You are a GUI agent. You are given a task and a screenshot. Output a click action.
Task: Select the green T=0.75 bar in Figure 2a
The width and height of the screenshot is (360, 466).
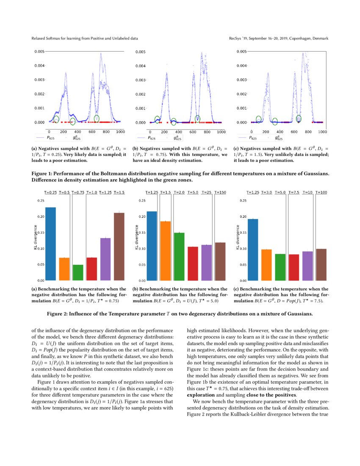tap(78, 272)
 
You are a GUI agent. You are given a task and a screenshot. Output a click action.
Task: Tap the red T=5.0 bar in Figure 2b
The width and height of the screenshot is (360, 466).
tap(193, 263)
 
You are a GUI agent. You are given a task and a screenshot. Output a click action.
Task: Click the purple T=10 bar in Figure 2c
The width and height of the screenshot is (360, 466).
tap(307, 266)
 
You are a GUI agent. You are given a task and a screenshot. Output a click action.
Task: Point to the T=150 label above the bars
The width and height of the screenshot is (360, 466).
tap(220, 192)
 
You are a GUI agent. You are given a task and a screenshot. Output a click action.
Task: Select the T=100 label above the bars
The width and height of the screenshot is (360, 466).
tap(321, 192)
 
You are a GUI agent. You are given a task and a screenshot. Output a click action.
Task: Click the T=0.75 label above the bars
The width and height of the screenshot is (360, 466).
tap(78, 192)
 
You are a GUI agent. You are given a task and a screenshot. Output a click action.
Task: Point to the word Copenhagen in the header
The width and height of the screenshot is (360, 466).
tap(294, 39)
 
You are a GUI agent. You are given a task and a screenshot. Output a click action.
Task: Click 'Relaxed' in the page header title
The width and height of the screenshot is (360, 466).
tap(39, 39)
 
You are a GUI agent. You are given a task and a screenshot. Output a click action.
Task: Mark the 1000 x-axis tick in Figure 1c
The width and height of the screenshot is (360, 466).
tap(322, 132)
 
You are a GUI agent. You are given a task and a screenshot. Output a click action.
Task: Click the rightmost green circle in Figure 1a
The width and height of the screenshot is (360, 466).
tap(97, 118)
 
